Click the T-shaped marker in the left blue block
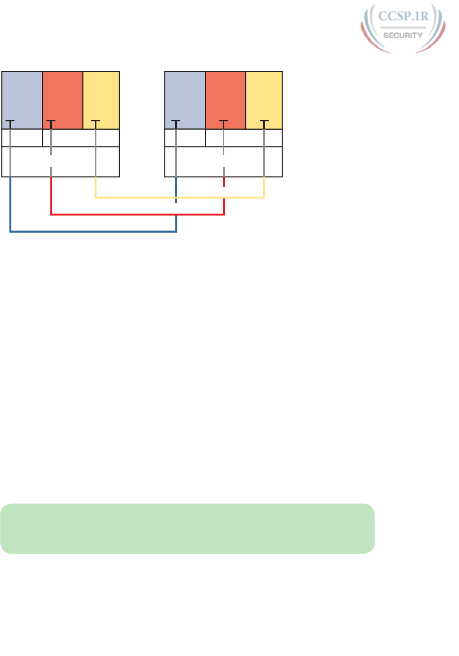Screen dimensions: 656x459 10,121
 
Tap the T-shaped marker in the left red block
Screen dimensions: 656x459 51,121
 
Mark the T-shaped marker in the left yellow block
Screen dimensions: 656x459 95,121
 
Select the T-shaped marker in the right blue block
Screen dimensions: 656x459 176,121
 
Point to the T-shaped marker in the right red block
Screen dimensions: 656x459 223,121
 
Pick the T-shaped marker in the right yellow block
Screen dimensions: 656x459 264,121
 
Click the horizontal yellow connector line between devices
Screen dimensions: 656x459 180,198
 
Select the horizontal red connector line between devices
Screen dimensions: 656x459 137,215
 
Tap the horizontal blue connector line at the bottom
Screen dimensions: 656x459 93,232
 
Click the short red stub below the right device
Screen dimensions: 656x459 224,182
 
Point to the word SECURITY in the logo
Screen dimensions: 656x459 403,35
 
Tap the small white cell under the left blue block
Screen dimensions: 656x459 22,138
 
